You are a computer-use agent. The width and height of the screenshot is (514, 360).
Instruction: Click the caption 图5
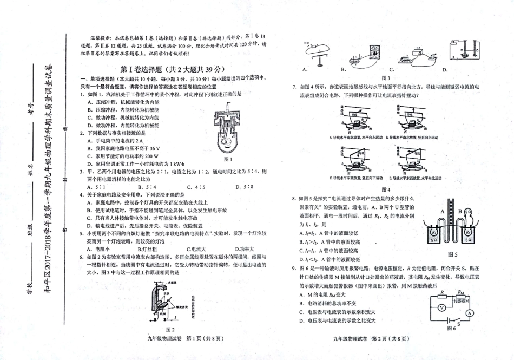[452, 254]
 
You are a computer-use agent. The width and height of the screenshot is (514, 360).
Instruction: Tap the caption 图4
[386, 189]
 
